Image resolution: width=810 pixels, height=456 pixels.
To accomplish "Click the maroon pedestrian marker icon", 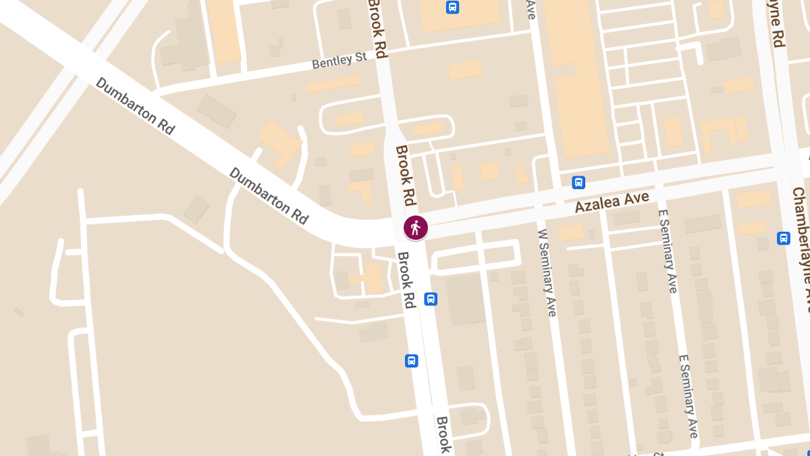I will [415, 228].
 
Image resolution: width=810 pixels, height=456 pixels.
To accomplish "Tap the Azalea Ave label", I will [612, 201].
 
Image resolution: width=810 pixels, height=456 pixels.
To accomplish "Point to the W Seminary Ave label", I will [547, 272].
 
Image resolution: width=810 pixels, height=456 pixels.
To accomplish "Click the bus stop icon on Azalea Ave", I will [578, 182].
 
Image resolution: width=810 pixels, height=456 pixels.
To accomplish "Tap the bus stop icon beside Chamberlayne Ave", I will [783, 238].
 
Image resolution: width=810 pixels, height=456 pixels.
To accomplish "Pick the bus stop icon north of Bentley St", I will [452, 7].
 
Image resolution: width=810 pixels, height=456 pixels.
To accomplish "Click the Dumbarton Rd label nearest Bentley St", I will [136, 106].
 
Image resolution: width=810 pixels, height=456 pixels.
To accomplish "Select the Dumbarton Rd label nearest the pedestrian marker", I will [269, 195].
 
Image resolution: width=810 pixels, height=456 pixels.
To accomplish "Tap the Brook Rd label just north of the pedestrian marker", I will [406, 176].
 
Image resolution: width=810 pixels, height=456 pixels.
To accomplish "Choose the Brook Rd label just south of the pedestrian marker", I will [405, 280].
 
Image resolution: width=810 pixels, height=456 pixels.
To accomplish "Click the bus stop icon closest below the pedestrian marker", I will [430, 299].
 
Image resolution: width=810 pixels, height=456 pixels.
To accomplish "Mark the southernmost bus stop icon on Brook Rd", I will [411, 361].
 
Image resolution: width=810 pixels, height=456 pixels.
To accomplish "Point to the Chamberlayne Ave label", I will [799, 243].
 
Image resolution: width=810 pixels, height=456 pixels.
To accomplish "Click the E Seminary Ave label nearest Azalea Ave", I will [667, 251].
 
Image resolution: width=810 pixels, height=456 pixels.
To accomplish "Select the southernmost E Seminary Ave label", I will [688, 395].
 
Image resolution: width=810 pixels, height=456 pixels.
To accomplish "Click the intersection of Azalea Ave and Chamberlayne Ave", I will [785, 163].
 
